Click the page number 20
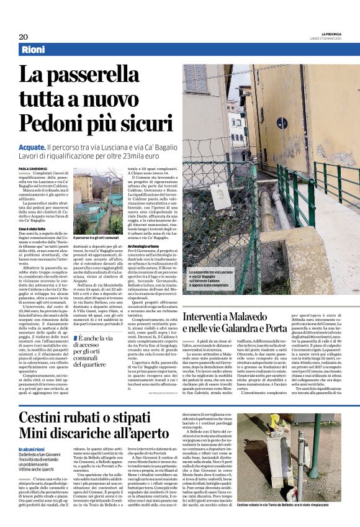pos(23,37)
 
